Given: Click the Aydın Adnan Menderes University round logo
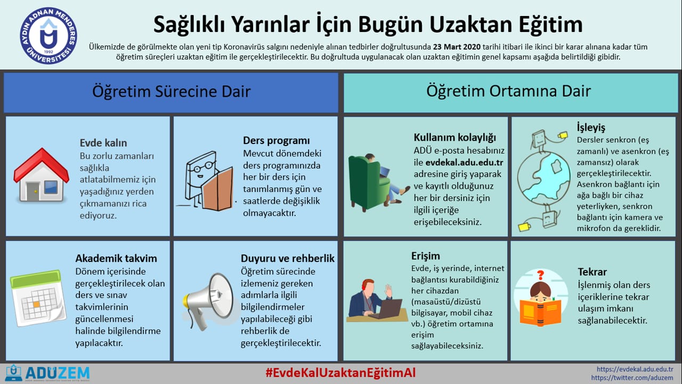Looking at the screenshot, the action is [x=48, y=36].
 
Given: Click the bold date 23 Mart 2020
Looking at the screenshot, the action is [x=457, y=47].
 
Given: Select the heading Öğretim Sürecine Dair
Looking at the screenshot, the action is [x=172, y=92].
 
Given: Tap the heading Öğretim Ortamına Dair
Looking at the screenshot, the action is [x=508, y=91].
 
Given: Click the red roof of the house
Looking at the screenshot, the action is [x=42, y=165].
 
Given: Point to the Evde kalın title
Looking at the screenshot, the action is [x=103, y=143].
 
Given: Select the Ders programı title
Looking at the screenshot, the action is [x=276, y=140].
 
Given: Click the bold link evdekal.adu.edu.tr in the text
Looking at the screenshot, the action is [x=464, y=163].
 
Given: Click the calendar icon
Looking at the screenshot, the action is [x=38, y=298].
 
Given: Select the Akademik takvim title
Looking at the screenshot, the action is [x=116, y=259].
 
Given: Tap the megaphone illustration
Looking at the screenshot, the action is [x=208, y=302].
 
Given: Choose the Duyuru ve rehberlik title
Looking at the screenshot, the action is [x=287, y=259].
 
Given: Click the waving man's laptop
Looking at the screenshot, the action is [x=389, y=309].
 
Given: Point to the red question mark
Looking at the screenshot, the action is [x=540, y=275].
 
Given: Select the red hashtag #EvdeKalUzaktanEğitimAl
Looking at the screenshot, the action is [x=340, y=373].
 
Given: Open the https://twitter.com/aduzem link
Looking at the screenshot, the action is [x=632, y=378].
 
